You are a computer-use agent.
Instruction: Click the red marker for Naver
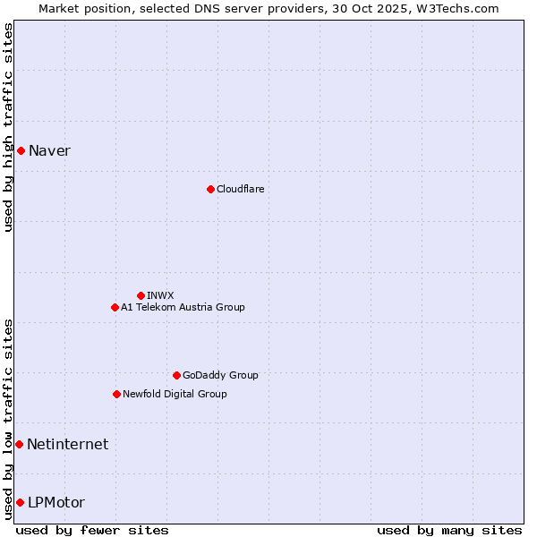click(x=21, y=150)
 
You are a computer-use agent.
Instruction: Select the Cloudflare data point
click(x=210, y=189)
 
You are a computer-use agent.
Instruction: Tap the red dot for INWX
click(x=141, y=295)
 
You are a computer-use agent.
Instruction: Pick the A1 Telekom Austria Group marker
click(x=115, y=307)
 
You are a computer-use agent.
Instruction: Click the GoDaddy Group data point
click(x=176, y=375)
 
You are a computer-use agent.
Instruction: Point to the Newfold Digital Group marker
click(x=116, y=394)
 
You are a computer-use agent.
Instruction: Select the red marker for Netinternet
click(x=19, y=444)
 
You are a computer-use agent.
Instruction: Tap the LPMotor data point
click(x=20, y=502)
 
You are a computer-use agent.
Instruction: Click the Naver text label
click(x=49, y=150)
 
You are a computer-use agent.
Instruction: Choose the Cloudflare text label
click(x=240, y=189)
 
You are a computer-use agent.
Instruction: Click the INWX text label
click(x=160, y=295)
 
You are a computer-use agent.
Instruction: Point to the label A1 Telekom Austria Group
click(x=183, y=307)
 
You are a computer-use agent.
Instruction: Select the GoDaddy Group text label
click(x=220, y=375)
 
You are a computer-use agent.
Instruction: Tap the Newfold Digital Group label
click(x=175, y=394)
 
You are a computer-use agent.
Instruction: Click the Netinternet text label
click(x=67, y=444)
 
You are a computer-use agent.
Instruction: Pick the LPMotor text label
click(x=56, y=502)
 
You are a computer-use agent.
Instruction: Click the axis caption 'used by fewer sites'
click(x=92, y=530)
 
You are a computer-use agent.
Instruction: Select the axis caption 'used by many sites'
click(x=449, y=530)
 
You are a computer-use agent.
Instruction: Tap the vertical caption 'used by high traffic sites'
click(x=8, y=127)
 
